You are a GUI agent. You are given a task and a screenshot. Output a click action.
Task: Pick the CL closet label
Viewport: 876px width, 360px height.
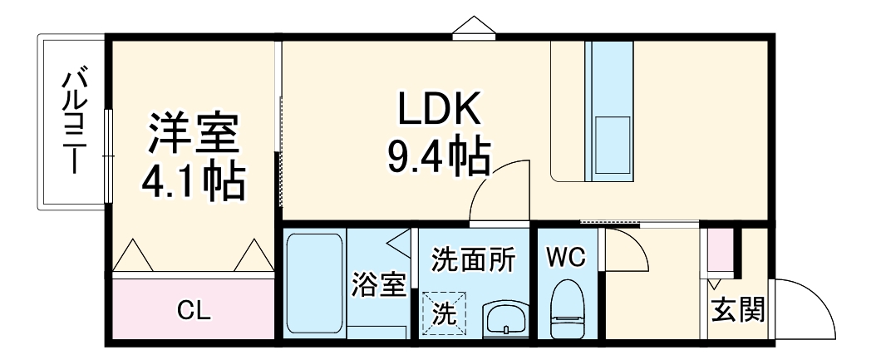[194, 312]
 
